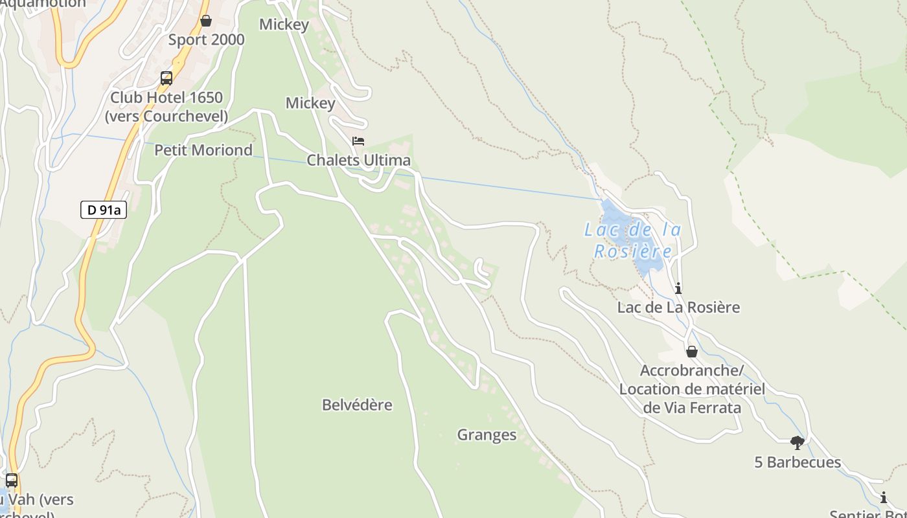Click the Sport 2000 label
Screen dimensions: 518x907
pyautogui.click(x=207, y=40)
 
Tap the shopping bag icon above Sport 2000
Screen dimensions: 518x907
pyautogui.click(x=206, y=21)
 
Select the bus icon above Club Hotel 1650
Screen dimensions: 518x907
pyautogui.click(x=166, y=78)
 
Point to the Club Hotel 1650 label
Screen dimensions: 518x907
pyautogui.click(x=166, y=98)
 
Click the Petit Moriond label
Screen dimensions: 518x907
pyautogui.click(x=203, y=150)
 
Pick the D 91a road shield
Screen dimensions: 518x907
pyautogui.click(x=104, y=210)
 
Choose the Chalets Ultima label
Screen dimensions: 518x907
pyautogui.click(x=358, y=161)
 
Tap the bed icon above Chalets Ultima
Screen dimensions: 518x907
pyautogui.click(x=358, y=141)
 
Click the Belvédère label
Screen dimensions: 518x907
pyautogui.click(x=357, y=405)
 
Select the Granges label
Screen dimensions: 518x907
pyautogui.click(x=487, y=435)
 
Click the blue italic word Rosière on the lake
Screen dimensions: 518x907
pyautogui.click(x=633, y=251)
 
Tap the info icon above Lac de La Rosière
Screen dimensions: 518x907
pyautogui.click(x=678, y=288)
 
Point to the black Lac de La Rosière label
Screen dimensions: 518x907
pyautogui.click(x=678, y=308)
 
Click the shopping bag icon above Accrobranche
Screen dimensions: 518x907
pyautogui.click(x=692, y=352)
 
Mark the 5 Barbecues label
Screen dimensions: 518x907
pyautogui.click(x=798, y=462)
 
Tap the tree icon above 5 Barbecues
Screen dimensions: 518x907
pyautogui.click(x=798, y=443)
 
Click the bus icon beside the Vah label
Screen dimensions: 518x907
pyautogui.click(x=12, y=480)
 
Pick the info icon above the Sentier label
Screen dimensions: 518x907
pyautogui.click(x=884, y=498)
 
